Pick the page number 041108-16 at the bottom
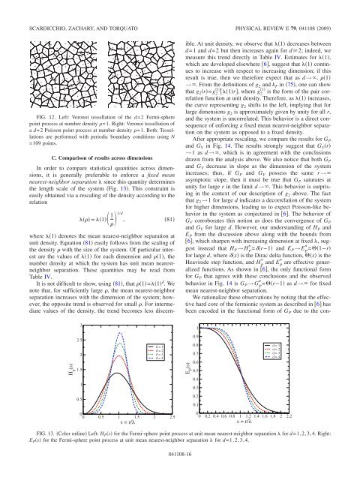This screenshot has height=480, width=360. tap(179, 463)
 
